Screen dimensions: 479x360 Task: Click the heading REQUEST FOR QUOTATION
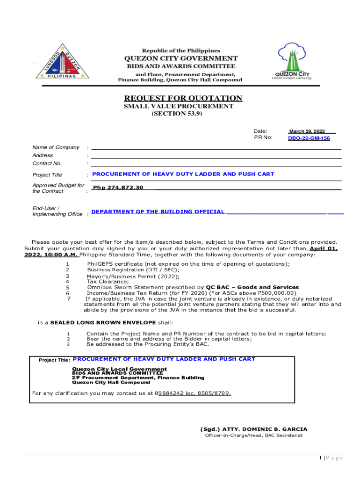tap(183, 98)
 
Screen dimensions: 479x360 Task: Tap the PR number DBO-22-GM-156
tap(309, 138)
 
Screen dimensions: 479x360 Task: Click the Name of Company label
tap(56, 147)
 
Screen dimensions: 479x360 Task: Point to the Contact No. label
tap(47, 163)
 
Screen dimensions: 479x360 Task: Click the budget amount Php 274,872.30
tap(118, 187)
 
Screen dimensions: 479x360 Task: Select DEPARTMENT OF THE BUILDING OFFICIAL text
tap(158, 212)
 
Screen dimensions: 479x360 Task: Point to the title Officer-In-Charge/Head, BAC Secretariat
tap(253, 435)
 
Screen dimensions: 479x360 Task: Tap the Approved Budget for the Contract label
tap(58, 188)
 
